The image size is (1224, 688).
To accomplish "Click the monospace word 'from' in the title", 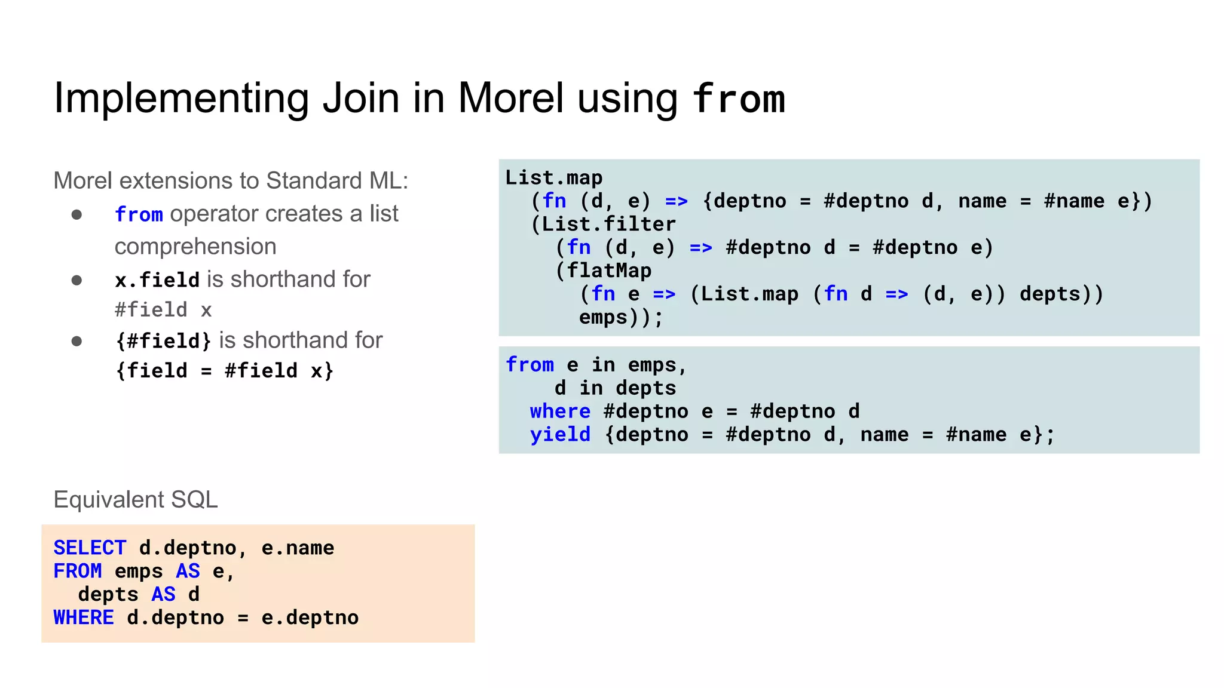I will pyautogui.click(x=738, y=99).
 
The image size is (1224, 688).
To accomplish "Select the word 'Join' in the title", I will pyautogui.click(x=360, y=99).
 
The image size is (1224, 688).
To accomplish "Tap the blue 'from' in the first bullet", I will pyautogui.click(x=139, y=214).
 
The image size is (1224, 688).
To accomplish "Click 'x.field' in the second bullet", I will pyautogui.click(x=157, y=279).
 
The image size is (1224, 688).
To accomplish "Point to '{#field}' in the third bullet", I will pyautogui.click(x=163, y=340).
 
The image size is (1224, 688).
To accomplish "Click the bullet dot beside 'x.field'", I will pyautogui.click(x=76, y=280).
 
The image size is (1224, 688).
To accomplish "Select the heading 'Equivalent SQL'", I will pyautogui.click(x=136, y=499).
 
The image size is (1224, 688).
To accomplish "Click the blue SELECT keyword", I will pyautogui.click(x=90, y=548).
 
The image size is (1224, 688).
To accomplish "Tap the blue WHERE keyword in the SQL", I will pyautogui.click(x=84, y=618).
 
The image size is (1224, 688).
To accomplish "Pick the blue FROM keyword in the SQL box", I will pyautogui.click(x=78, y=571).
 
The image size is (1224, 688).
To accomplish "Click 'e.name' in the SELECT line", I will pyautogui.click(x=298, y=548).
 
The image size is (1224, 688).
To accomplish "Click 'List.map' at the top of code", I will pyautogui.click(x=553, y=177).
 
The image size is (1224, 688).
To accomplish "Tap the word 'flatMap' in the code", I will pyautogui.click(x=608, y=271).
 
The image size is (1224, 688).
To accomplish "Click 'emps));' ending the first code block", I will pyautogui.click(x=620, y=317).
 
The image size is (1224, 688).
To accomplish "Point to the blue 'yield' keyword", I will pyautogui.click(x=560, y=434).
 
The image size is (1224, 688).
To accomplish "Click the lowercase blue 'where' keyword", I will pyautogui.click(x=560, y=411).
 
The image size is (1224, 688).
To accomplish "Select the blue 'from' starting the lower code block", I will pyautogui.click(x=530, y=364).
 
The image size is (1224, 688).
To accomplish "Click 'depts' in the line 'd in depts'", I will pyautogui.click(x=645, y=388).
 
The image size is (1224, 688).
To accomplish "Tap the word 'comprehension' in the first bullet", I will pyautogui.click(x=195, y=247).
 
